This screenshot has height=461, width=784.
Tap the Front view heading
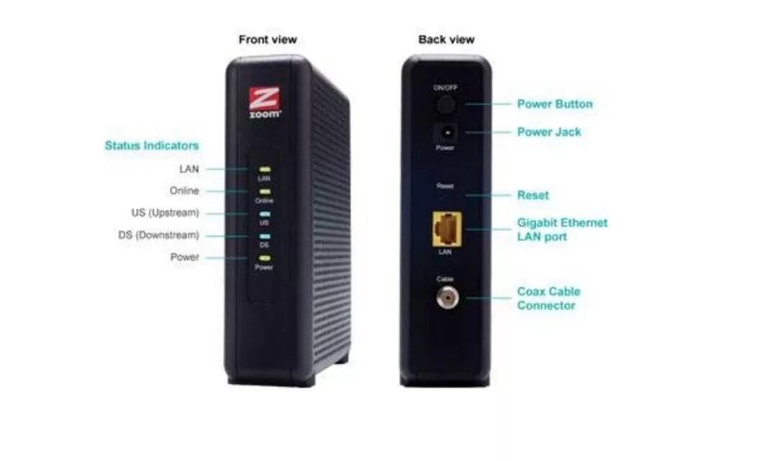click(267, 40)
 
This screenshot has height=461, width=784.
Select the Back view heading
click(446, 40)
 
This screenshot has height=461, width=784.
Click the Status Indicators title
click(151, 145)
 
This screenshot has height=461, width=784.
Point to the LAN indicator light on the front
click(264, 169)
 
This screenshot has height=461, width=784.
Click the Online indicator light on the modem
click(264, 191)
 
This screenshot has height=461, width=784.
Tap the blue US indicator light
click(264, 214)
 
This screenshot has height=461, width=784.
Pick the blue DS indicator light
click(264, 235)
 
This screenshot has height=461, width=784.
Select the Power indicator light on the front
click(264, 257)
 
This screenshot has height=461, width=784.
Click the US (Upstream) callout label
click(160, 213)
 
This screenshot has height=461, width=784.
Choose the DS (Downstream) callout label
click(158, 235)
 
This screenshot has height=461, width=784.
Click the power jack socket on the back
click(446, 133)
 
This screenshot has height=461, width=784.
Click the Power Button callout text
click(554, 104)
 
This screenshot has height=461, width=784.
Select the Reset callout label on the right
click(533, 195)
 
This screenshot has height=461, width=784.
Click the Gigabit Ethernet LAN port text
click(562, 229)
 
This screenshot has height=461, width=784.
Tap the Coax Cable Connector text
click(548, 298)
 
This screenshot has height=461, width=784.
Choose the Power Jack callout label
click(549, 132)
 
